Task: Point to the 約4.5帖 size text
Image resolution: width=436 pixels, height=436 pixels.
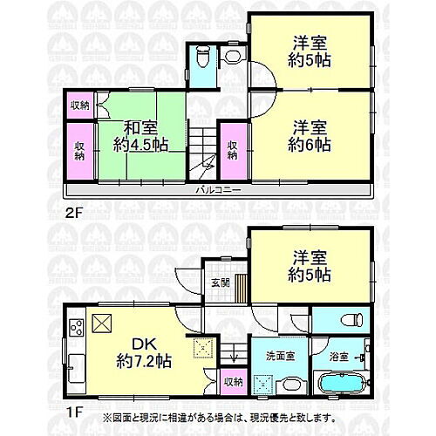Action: tap(139, 144)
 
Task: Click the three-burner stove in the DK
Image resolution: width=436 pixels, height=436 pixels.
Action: tap(75, 329)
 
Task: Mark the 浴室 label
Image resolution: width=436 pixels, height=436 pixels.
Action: tap(338, 356)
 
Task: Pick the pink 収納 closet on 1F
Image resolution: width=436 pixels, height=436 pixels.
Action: tap(232, 381)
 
